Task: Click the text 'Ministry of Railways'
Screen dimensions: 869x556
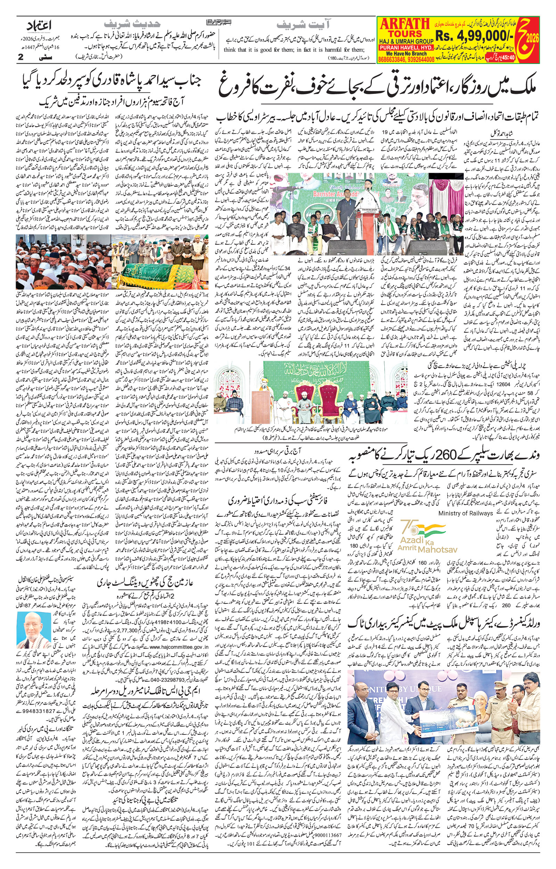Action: click(x=465, y=513)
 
